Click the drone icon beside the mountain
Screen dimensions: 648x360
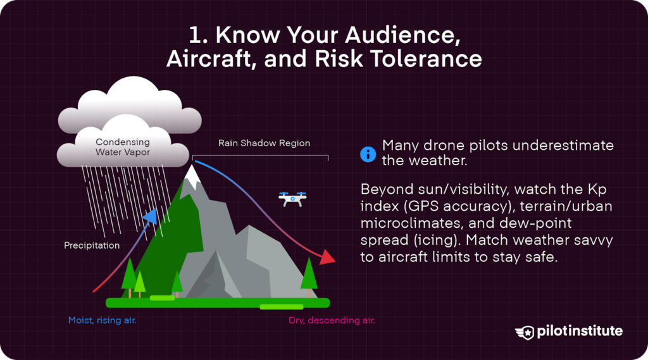pyautogui.click(x=292, y=199)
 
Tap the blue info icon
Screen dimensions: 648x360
pyautogui.click(x=368, y=154)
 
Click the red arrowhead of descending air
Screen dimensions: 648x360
pyautogui.click(x=328, y=257)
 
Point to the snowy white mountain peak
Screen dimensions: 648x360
pyautogui.click(x=192, y=176)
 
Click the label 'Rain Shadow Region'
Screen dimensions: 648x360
pyautogui.click(x=264, y=143)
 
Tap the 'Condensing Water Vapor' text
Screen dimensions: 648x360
pyautogui.click(x=123, y=147)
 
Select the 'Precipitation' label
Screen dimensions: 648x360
pyautogui.click(x=92, y=245)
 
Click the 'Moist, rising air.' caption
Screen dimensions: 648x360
pyautogui.click(x=102, y=320)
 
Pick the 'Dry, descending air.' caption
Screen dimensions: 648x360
pyautogui.click(x=332, y=320)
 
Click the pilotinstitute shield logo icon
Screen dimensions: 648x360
pyautogui.click(x=525, y=332)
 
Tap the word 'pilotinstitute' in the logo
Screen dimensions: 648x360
pyautogui.click(x=580, y=332)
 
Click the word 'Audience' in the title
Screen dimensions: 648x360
pyautogui.click(x=402, y=35)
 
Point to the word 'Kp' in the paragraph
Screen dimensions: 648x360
pyautogui.click(x=597, y=189)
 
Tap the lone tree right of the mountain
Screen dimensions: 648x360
pyautogui.click(x=309, y=276)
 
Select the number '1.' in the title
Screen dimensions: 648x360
pyautogui.click(x=199, y=35)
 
